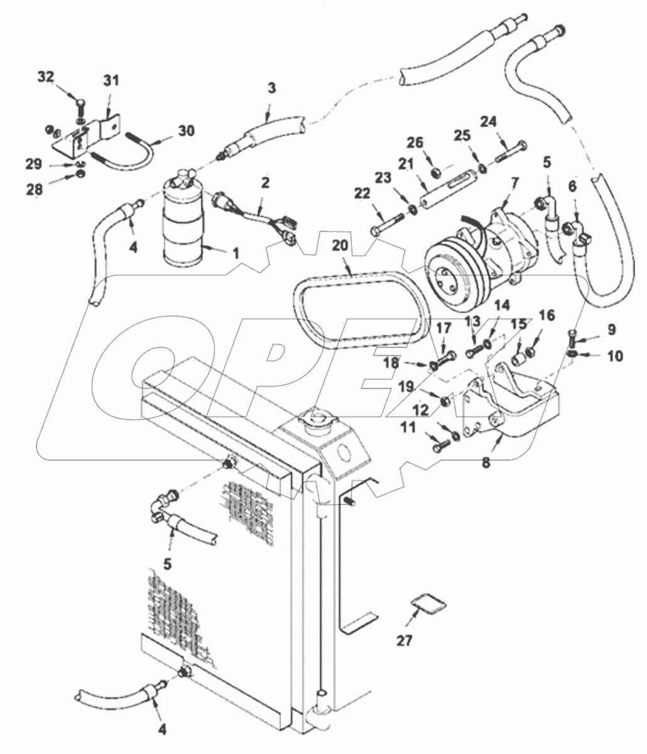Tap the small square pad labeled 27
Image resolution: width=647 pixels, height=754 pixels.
430,605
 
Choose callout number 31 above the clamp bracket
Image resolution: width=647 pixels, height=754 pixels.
111,81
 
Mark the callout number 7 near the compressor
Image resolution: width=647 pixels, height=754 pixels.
514,182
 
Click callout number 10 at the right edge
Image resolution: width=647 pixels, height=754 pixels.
614,356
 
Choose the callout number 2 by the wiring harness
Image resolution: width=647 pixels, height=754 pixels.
266,183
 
